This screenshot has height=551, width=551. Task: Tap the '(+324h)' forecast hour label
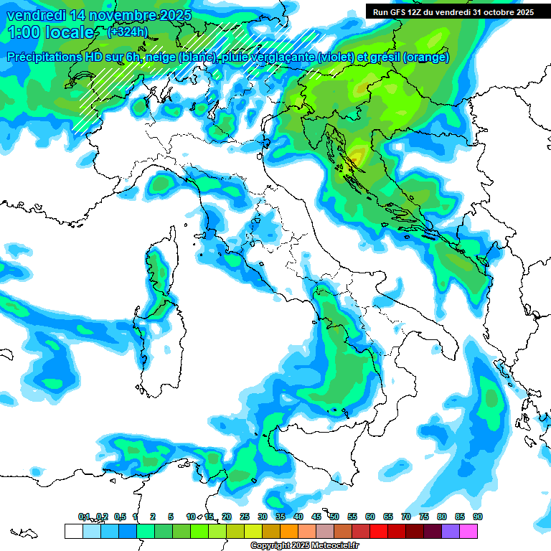pos(128,32)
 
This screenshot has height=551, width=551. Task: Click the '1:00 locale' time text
pos(50,33)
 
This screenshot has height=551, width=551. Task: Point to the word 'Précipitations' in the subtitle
pos(50,57)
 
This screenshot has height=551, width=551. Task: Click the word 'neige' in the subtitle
pos(151,57)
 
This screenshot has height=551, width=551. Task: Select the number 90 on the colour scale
pos(478,517)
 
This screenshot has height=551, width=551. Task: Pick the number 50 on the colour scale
pos(334,517)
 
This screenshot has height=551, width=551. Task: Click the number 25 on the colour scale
pos(245,517)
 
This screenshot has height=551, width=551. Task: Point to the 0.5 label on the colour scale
pos(120,517)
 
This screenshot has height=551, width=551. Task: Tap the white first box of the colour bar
pos(73,531)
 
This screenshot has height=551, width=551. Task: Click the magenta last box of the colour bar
pos(468,531)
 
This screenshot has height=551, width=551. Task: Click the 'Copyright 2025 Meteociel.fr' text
pos(304,546)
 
